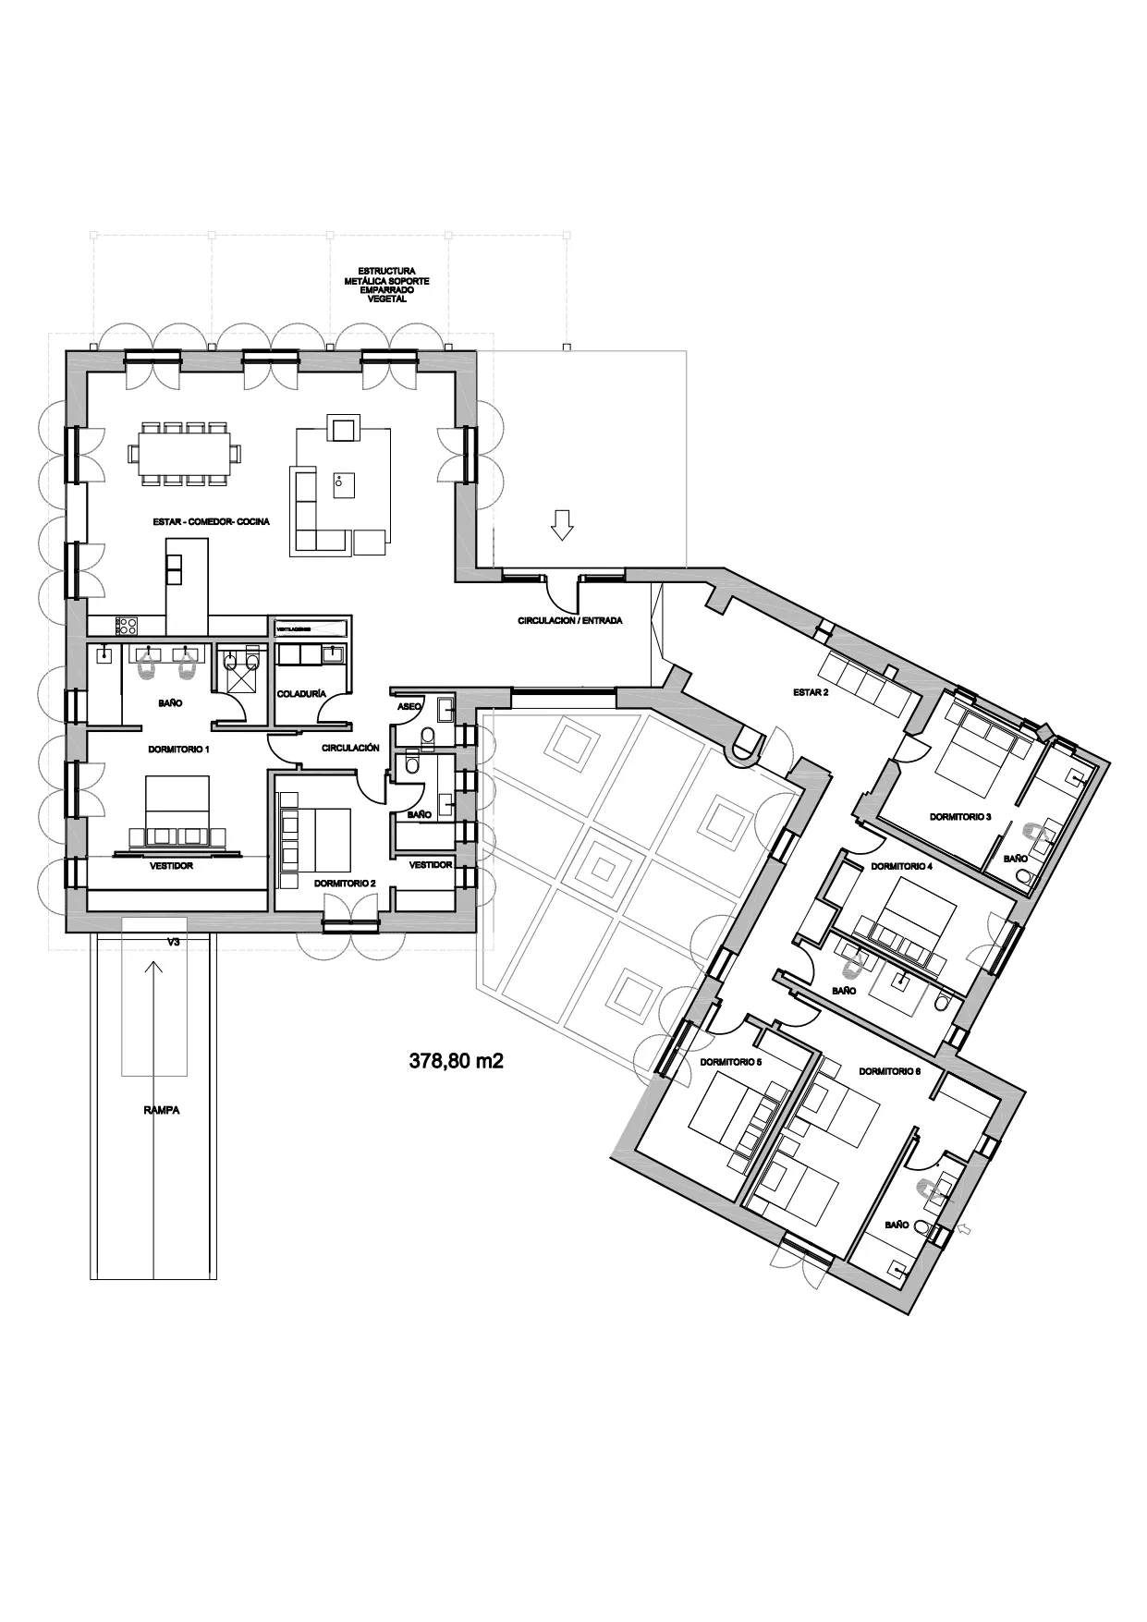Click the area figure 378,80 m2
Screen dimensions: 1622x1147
[x=456, y=1061]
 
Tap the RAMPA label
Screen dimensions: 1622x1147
[x=161, y=1111]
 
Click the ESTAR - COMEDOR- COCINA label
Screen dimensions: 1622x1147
[x=212, y=522]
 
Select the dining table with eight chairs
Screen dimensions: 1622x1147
[x=184, y=453]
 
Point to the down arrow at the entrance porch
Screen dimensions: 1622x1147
[x=561, y=524]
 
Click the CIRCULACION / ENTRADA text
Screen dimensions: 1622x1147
[x=569, y=621]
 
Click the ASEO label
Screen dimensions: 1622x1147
[x=409, y=706]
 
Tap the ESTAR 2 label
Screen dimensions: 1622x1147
[x=811, y=691]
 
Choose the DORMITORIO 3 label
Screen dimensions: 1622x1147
[x=960, y=817]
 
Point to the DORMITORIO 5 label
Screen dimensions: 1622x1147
[x=730, y=1063]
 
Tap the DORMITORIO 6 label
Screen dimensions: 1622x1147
[x=889, y=1072]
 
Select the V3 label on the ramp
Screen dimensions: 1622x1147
[x=173, y=943]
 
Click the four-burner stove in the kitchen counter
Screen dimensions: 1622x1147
[x=127, y=625]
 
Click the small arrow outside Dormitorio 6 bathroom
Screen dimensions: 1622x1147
[x=967, y=1228]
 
